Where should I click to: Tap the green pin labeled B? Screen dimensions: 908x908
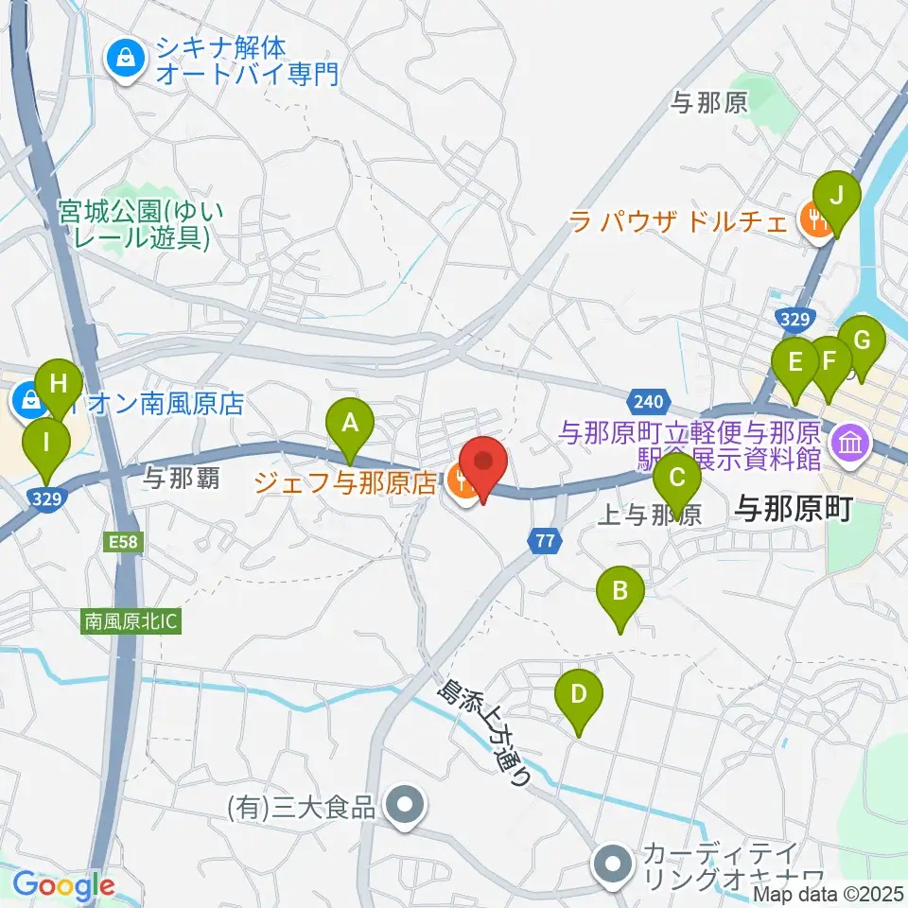click(620, 595)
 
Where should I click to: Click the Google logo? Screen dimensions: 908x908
click(64, 886)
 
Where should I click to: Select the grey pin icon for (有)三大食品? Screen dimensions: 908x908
click(407, 807)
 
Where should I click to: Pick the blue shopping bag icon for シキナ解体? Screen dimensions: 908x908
click(124, 61)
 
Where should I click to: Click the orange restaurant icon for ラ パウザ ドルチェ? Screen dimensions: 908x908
click(811, 220)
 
